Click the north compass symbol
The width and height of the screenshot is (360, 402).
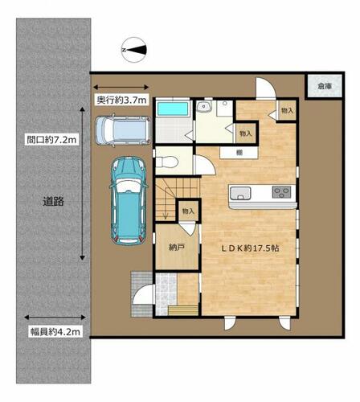pos(134,50)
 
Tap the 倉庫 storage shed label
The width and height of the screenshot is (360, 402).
pos(325,86)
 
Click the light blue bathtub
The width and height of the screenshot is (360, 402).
pos(173,109)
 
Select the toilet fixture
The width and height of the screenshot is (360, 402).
pos(167,162)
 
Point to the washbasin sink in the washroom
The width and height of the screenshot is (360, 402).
pos(204,107)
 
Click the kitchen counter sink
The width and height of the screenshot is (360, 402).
pos(240,194)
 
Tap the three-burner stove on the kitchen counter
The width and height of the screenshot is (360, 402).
pos(281,192)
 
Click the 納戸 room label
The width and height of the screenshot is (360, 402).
pos(177,248)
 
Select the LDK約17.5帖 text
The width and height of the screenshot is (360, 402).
pos(250,248)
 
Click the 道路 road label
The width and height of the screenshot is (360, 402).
pos(53,201)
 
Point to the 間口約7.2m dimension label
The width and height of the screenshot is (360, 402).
pos(51,140)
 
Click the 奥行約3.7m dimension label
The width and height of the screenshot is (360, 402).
pos(122,100)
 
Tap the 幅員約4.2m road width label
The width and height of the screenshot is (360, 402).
pos(55,332)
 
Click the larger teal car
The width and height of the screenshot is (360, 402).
pos(129,201)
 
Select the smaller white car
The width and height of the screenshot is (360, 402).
pos(123,131)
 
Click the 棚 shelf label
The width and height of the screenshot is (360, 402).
pos(239,153)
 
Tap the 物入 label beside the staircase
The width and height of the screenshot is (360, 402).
pos(188,211)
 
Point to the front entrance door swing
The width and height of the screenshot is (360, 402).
pos(144,294)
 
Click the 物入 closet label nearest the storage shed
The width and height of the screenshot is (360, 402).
pos(287,110)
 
